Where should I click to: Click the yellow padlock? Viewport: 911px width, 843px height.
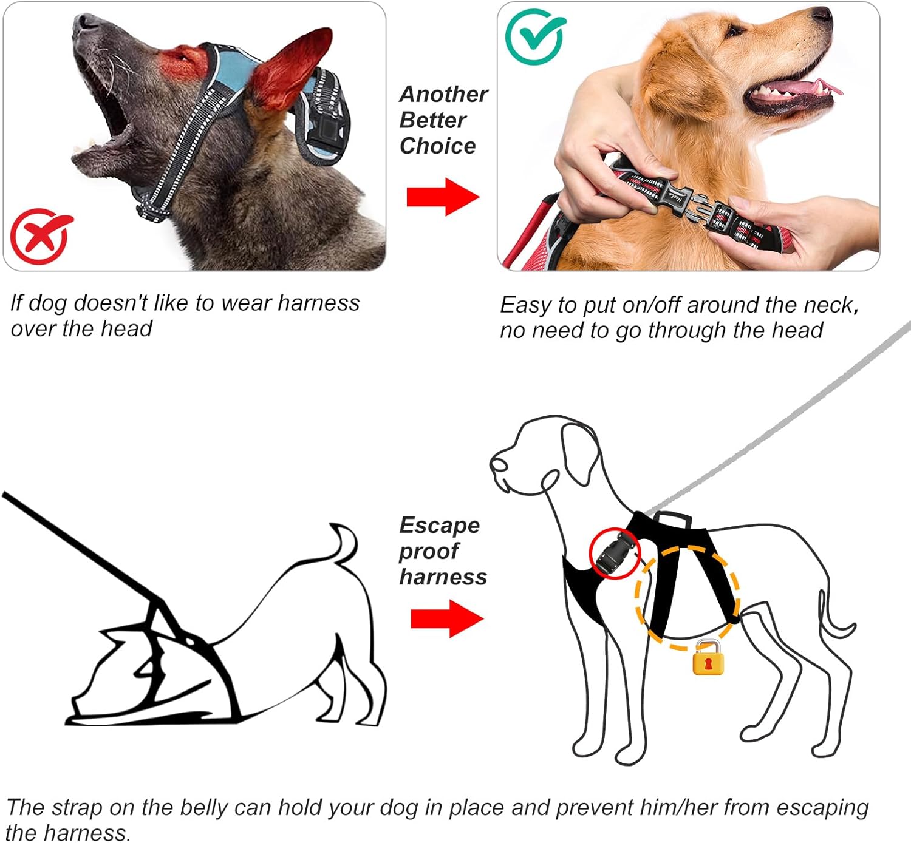(x=708, y=658)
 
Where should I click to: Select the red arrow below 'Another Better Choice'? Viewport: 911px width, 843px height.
(x=443, y=197)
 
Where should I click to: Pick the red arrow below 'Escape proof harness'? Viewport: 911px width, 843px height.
(x=447, y=618)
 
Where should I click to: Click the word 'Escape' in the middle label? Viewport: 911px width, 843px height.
(x=440, y=526)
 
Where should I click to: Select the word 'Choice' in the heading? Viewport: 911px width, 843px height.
(x=438, y=146)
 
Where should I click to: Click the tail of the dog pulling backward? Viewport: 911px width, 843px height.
(x=345, y=543)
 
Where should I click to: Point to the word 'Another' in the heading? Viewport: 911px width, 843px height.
(x=443, y=95)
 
